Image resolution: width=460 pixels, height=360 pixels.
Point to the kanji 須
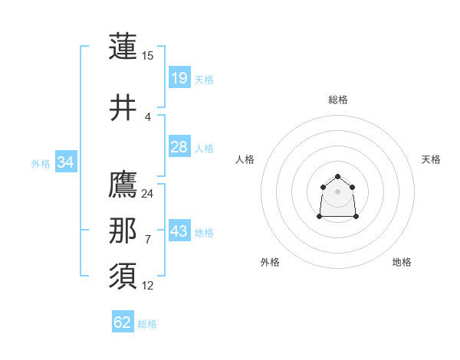pyautogui.click(x=123, y=277)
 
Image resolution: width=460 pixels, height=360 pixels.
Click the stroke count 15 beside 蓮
pyautogui.click(x=148, y=55)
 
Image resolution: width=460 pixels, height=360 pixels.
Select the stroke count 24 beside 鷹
pyautogui.click(x=148, y=193)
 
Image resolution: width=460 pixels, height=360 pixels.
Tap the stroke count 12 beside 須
pyautogui.click(x=148, y=286)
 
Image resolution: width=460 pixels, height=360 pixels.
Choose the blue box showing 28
pyautogui.click(x=179, y=147)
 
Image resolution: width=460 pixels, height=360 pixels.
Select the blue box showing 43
pyautogui.click(x=179, y=231)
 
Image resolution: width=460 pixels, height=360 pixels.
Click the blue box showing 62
pyautogui.click(x=123, y=322)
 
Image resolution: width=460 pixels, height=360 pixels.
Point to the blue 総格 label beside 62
pyautogui.click(x=147, y=324)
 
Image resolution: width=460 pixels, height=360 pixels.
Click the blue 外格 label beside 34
pyautogui.click(x=41, y=163)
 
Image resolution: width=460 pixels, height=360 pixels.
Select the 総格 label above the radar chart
pyautogui.click(x=338, y=100)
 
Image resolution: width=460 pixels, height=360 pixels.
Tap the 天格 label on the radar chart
pyautogui.click(x=431, y=159)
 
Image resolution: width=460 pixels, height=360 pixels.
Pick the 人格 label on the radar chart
pyautogui.click(x=245, y=159)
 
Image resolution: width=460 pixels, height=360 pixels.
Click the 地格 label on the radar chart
pyautogui.click(x=402, y=262)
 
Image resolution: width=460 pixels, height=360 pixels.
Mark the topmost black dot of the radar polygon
pyautogui.click(x=338, y=177)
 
